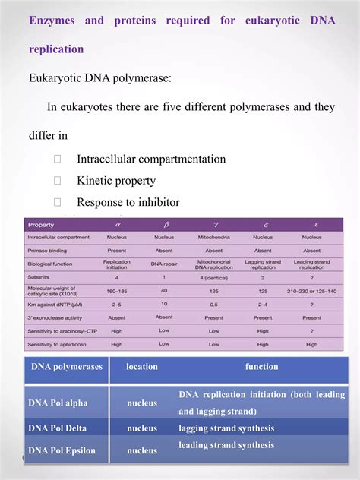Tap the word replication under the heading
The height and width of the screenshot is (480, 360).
click(x=56, y=49)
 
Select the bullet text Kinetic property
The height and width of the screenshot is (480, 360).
click(x=116, y=181)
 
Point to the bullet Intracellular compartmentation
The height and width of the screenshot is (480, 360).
click(x=151, y=159)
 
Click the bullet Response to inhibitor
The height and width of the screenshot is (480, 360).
click(x=128, y=202)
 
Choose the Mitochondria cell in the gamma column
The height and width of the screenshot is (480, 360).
click(x=213, y=237)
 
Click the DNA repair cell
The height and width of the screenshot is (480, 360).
click(x=164, y=263)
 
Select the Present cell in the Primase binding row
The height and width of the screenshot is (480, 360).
click(x=117, y=250)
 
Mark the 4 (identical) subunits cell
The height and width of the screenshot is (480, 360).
click(x=213, y=277)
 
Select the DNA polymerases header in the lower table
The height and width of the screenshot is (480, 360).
click(x=67, y=367)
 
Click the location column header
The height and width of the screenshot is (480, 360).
click(x=142, y=367)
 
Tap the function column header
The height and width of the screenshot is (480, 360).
click(x=261, y=367)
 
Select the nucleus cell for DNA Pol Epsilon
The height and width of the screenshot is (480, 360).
click(x=142, y=450)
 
